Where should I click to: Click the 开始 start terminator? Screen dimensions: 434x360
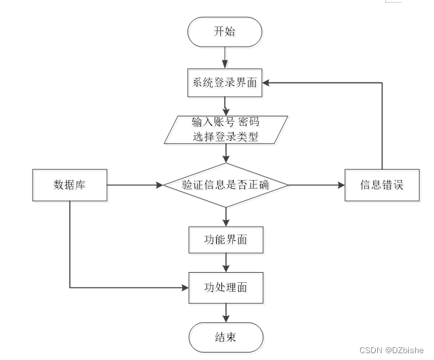225,32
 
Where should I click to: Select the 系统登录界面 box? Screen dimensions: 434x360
225,83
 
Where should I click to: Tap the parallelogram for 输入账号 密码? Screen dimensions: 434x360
226,130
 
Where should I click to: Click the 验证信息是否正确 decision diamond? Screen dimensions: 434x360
226,185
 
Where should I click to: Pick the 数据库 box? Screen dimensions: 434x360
70,185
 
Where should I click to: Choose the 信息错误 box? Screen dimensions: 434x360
382,185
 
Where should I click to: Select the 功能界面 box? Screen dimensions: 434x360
226,240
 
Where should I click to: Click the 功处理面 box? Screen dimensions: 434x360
226,288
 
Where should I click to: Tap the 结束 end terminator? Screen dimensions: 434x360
226,337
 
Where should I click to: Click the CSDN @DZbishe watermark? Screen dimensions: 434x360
391,351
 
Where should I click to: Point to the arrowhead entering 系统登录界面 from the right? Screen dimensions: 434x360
265,83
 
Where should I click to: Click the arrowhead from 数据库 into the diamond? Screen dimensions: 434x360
160,185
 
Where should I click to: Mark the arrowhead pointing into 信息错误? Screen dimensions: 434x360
341,185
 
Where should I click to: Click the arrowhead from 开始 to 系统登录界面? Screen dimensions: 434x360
225,65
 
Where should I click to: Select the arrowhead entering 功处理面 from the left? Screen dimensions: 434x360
185,288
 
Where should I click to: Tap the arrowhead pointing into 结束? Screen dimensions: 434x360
226,319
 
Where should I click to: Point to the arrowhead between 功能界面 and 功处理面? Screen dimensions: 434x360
226,269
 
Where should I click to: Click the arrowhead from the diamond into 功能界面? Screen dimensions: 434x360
226,223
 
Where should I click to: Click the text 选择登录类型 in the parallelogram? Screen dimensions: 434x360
225,137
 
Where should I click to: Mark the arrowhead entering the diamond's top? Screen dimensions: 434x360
226,159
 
